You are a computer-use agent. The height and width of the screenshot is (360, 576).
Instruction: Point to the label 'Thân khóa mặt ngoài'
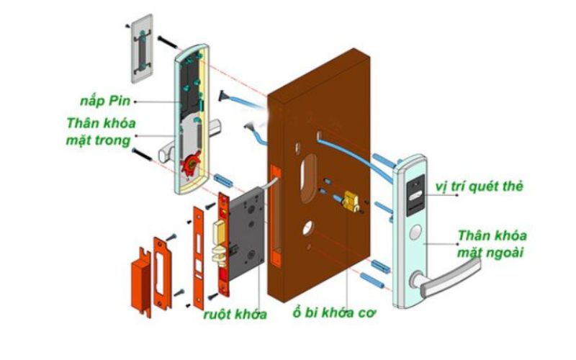point(492,244)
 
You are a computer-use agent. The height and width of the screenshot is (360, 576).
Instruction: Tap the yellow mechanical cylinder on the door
point(351,199)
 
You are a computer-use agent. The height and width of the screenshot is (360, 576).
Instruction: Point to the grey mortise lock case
point(248,230)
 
